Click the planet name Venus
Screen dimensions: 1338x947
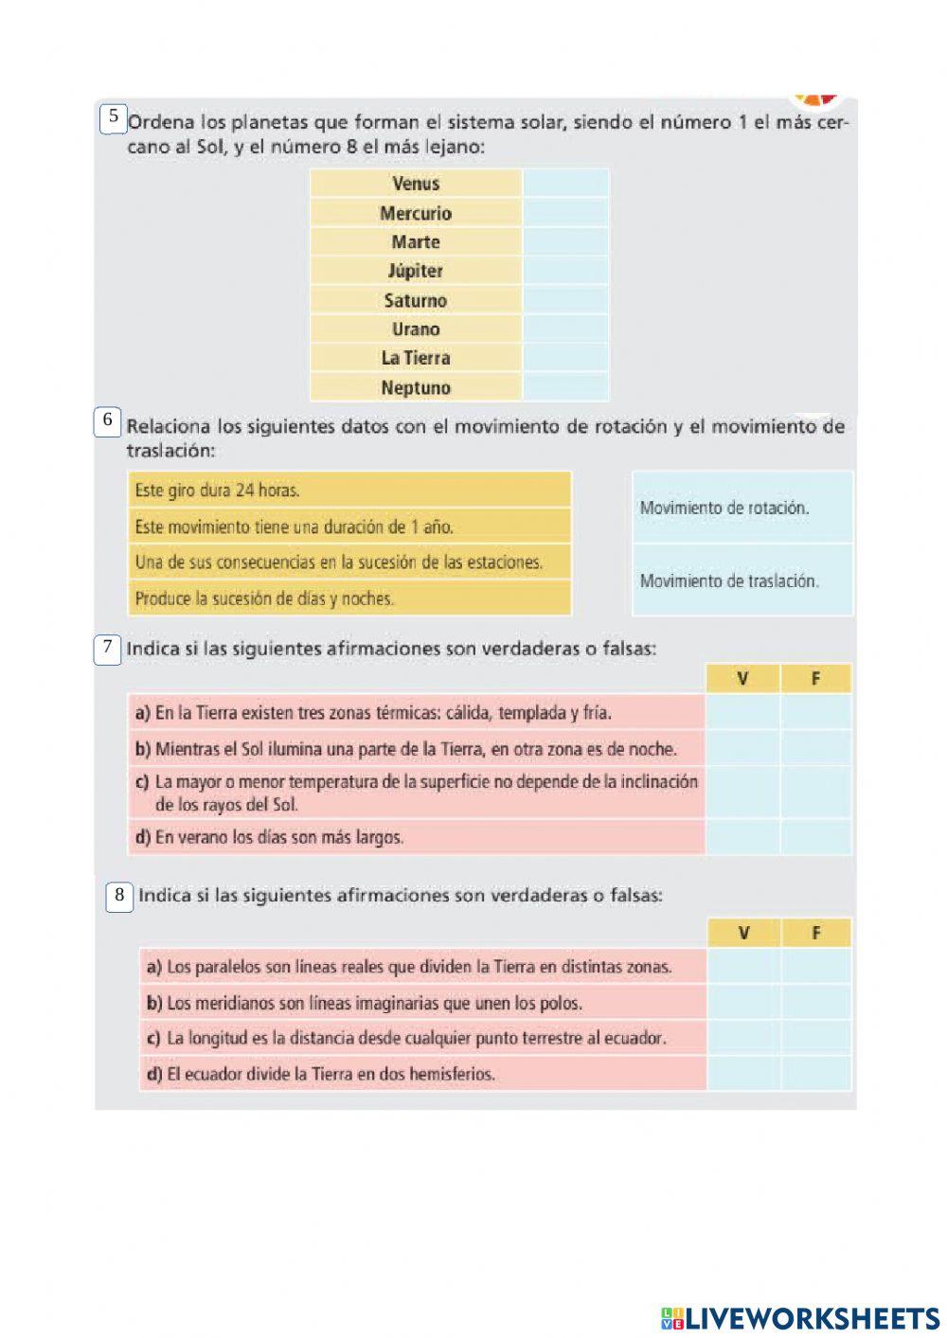tap(416, 184)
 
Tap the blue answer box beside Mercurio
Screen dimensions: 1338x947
tap(565, 213)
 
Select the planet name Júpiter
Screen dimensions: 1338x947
tap(416, 271)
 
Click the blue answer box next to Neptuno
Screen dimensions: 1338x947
tap(565, 387)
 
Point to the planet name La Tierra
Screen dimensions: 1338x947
tap(416, 358)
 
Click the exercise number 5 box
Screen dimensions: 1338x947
tap(114, 118)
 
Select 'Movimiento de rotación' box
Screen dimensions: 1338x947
tap(742, 508)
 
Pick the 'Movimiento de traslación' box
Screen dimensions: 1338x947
tap(742, 580)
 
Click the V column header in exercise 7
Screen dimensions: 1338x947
tap(743, 678)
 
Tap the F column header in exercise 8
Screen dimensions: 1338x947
tap(816, 933)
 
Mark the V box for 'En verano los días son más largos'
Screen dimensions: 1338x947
tap(743, 837)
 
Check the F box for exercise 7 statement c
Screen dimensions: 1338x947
tap(816, 793)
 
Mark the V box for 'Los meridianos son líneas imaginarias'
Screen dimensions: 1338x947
tap(744, 1002)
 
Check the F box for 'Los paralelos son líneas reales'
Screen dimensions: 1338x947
tap(816, 966)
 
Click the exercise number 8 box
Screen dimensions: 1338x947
tap(119, 896)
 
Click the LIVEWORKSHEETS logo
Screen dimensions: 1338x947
tap(800, 1317)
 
